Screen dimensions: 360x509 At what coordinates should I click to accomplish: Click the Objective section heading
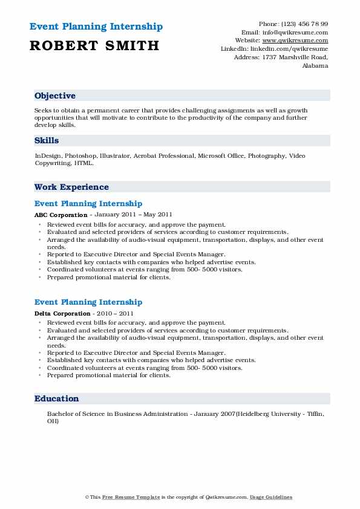(55, 96)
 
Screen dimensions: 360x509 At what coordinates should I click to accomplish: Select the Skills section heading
(47, 141)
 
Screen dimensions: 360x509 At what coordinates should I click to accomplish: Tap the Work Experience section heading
(71, 187)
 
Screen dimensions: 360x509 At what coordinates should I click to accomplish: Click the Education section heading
(56, 399)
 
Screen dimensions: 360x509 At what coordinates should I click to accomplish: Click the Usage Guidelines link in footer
(272, 497)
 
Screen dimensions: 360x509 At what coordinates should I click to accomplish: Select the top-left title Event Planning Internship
(96, 27)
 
